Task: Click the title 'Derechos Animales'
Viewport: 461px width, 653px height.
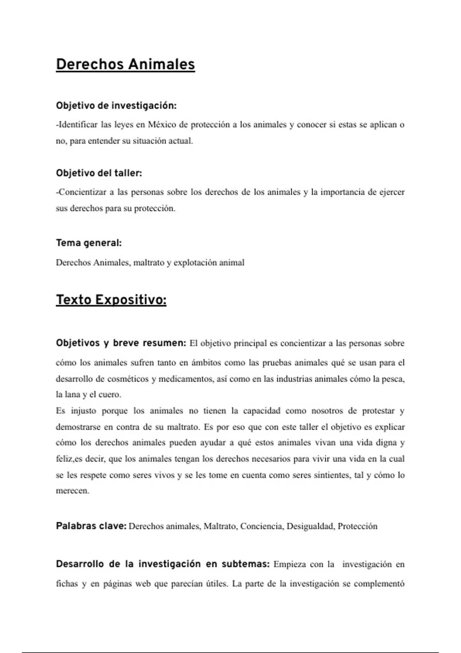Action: click(125, 64)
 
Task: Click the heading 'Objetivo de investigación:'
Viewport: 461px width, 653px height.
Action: click(116, 106)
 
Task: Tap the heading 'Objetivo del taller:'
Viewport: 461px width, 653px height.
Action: click(99, 173)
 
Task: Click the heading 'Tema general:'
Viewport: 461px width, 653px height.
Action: click(89, 243)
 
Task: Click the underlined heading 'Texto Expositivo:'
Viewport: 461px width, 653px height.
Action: click(111, 300)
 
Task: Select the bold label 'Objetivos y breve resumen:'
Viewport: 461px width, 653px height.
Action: click(121, 343)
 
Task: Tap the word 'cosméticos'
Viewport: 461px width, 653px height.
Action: click(128, 379)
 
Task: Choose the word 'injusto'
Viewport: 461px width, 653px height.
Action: click(83, 411)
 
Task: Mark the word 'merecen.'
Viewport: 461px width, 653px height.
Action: click(72, 491)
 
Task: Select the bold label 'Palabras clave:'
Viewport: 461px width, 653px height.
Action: click(91, 526)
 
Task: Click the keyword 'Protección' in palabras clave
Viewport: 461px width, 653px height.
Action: click(357, 526)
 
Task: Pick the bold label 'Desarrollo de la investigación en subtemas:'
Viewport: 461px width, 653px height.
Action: click(163, 564)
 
